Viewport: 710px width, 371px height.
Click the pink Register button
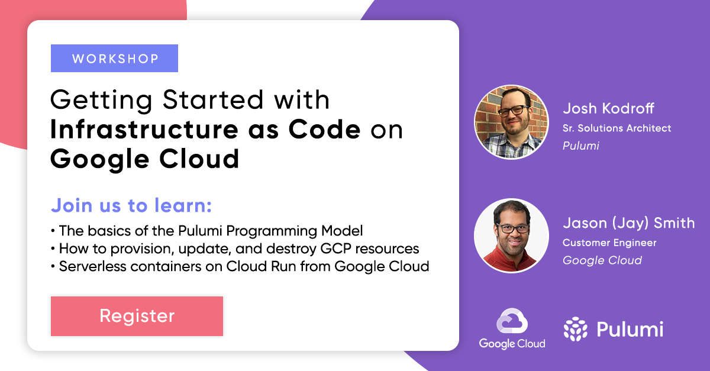tap(137, 316)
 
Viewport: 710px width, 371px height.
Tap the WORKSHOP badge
tap(114, 59)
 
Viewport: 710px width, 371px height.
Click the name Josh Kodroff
tap(609, 108)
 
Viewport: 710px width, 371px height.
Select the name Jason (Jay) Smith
tap(628, 223)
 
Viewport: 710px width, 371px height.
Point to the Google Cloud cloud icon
tap(512, 322)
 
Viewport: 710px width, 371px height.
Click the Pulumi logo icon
tap(575, 329)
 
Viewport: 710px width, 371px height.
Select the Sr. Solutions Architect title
tap(617, 128)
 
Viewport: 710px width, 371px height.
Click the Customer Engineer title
tap(609, 243)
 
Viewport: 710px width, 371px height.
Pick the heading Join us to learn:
tap(131, 206)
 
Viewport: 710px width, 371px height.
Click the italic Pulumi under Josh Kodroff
tap(580, 146)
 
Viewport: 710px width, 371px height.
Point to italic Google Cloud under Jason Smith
tap(602, 260)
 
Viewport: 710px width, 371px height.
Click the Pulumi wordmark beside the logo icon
tap(630, 329)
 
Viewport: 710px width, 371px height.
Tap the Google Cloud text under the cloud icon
tap(512, 343)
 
